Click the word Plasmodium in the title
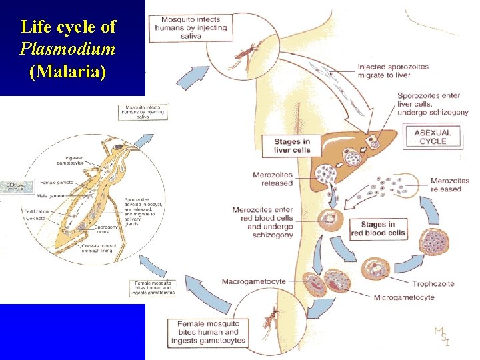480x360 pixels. pyautogui.click(x=68, y=49)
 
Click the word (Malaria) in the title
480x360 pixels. pyautogui.click(x=68, y=71)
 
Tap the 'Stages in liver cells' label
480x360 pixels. pyautogui.click(x=292, y=145)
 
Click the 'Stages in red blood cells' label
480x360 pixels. pyautogui.click(x=377, y=229)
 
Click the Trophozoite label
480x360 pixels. pyautogui.click(x=433, y=283)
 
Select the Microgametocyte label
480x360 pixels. pyautogui.click(x=404, y=297)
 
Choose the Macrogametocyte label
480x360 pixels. pyautogui.click(x=253, y=281)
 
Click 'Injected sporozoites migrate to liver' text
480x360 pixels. pyautogui.click(x=393, y=71)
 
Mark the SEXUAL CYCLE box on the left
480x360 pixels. pyautogui.click(x=15, y=187)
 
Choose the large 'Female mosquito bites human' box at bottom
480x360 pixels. pyautogui.click(x=207, y=332)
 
